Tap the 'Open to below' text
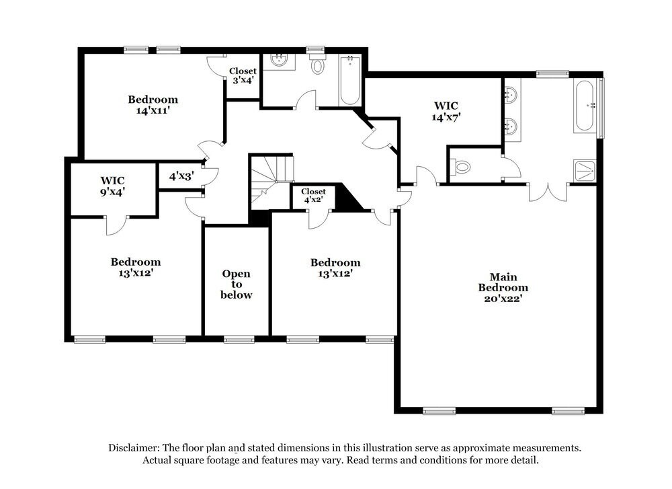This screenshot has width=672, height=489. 237,284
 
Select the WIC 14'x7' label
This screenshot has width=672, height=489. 446,110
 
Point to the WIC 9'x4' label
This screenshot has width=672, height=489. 113,186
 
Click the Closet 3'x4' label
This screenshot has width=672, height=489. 243,76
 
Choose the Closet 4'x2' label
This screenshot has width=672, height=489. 313,196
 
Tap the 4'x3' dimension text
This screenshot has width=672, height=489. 181,176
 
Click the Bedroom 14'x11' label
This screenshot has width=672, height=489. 153,105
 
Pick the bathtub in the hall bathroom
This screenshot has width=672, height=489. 349,81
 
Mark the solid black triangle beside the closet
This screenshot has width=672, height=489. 347,198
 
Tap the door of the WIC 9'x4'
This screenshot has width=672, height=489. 115,225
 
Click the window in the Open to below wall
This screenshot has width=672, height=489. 239,339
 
